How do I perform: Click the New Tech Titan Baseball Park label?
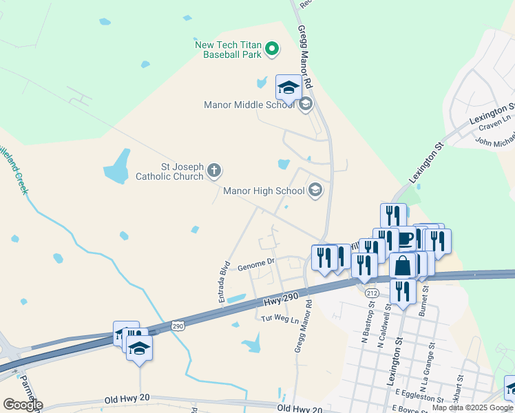pos(228,49)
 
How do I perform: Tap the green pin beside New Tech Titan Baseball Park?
pos(272,49)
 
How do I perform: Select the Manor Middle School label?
pos(249,105)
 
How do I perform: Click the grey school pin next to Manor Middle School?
pos(306,105)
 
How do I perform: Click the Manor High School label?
pos(264,191)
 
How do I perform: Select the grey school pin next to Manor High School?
pos(315,190)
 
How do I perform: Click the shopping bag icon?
pos(402,266)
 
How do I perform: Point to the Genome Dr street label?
pos(256,263)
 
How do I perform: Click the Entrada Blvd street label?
pos(224,281)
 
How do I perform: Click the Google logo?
pos(22,405)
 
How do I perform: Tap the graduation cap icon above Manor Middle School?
pos(288,88)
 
